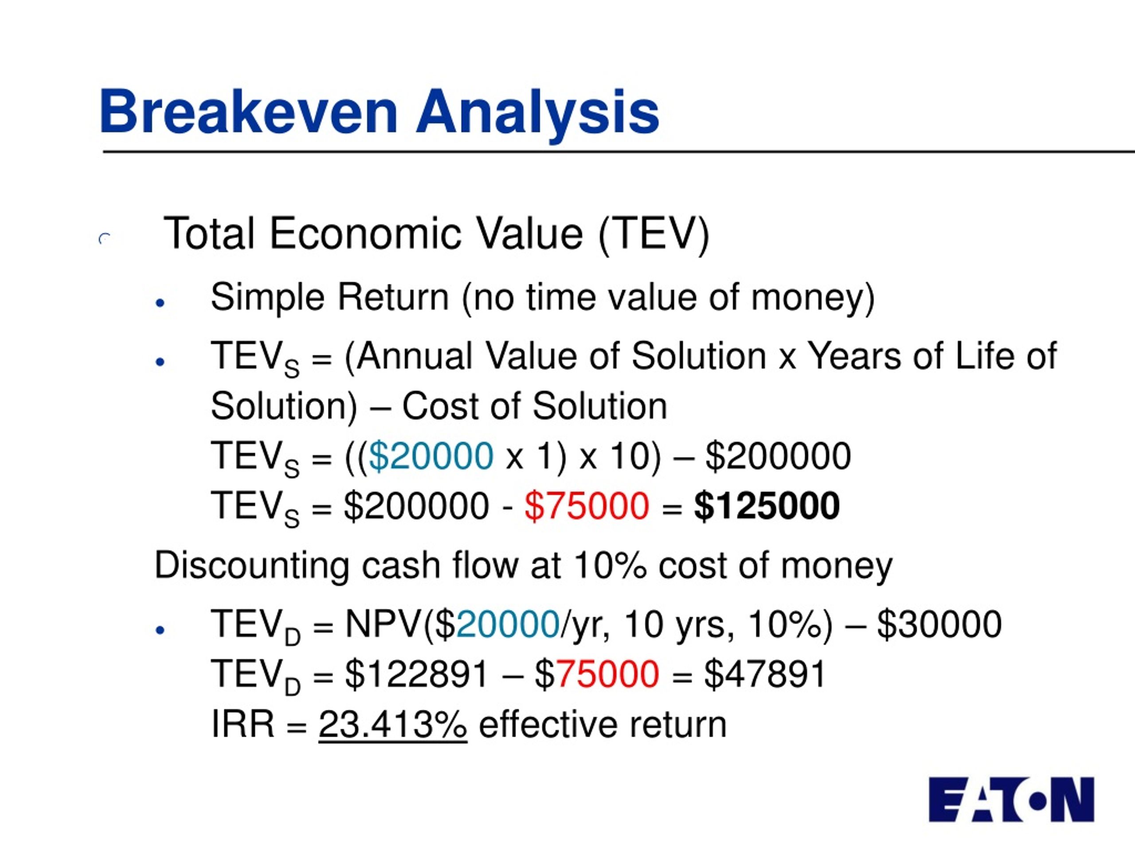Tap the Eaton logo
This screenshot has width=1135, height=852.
(x=1011, y=800)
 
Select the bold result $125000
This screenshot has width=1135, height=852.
(x=767, y=506)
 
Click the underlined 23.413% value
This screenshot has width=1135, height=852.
(x=392, y=724)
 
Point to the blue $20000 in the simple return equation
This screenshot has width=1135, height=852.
(x=431, y=456)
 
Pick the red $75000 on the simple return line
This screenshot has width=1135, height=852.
(x=587, y=506)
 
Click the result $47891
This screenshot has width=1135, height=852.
(x=764, y=674)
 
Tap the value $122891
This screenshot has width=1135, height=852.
(x=415, y=674)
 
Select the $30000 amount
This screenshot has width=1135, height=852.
(x=939, y=624)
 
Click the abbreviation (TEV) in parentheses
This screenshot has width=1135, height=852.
(x=654, y=234)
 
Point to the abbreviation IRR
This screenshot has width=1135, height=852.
(x=243, y=724)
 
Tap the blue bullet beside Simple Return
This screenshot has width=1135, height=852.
(x=160, y=303)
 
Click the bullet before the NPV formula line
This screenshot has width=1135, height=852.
(x=160, y=630)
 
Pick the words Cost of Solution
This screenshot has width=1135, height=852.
(x=534, y=406)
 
